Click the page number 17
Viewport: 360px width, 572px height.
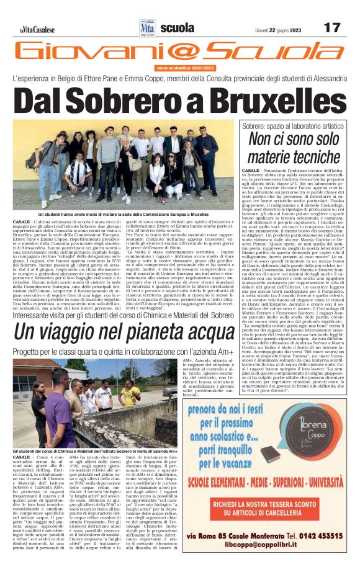(333, 27)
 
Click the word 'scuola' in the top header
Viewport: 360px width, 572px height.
(176, 28)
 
